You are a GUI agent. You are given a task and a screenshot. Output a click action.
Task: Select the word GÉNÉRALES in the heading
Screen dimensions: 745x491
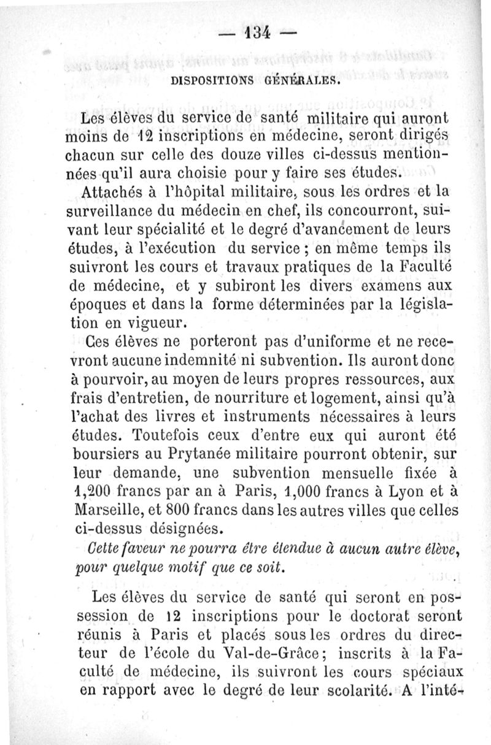click(305, 79)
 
